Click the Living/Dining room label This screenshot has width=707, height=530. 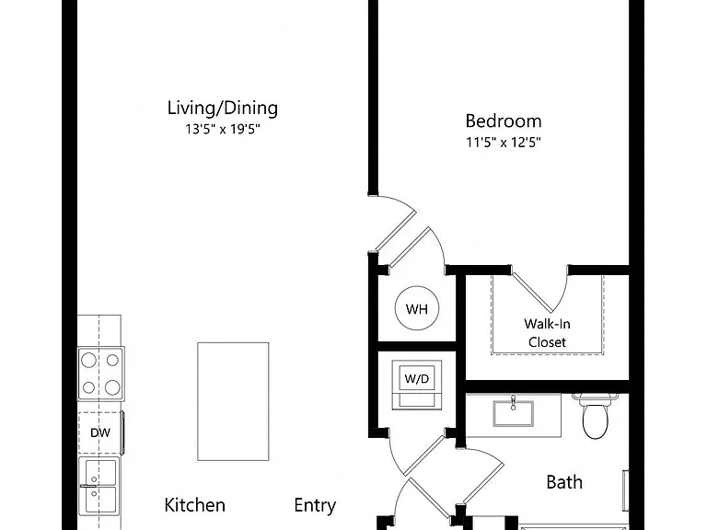click(222, 109)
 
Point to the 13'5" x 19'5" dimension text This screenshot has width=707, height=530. click(222, 130)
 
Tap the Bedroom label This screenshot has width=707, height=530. click(504, 121)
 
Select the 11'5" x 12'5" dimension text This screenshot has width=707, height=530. click(504, 143)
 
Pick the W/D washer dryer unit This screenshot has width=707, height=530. click(417, 385)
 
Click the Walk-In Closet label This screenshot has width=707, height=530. click(548, 333)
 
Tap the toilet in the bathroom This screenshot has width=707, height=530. click(596, 416)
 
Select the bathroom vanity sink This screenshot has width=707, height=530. click(513, 413)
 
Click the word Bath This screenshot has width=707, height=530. click(564, 482)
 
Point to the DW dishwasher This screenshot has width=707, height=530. click(100, 432)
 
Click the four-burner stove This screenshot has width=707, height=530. click(101, 374)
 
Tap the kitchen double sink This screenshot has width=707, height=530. click(99, 486)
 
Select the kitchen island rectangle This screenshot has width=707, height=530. click(233, 401)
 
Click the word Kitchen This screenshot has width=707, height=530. click(195, 505)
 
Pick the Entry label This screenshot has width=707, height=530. click(315, 506)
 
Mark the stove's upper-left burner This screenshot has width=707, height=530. click(88, 360)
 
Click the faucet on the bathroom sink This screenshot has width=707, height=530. click(513, 402)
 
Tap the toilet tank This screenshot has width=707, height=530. click(595, 397)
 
